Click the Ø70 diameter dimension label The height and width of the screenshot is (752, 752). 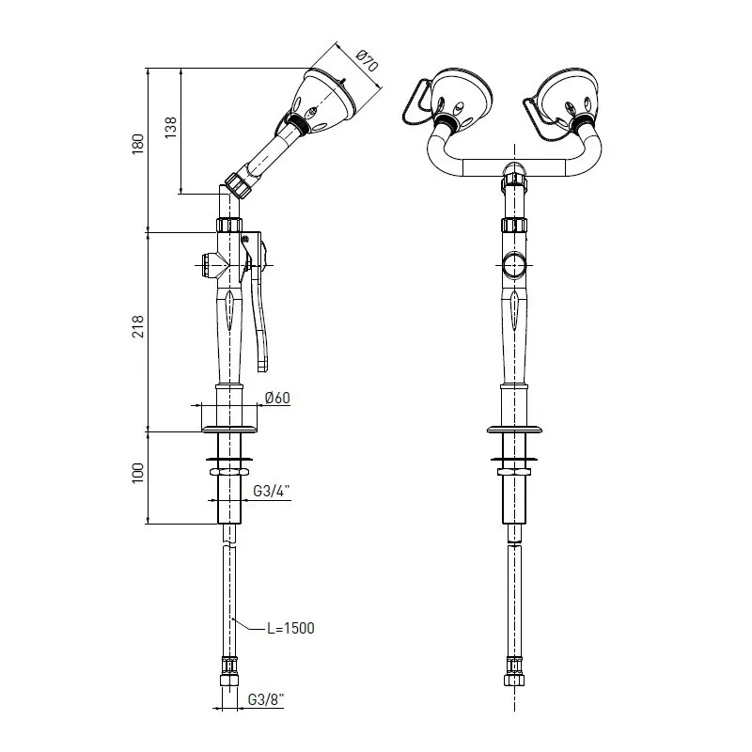coord(368,60)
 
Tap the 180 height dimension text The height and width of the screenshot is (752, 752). coord(138,144)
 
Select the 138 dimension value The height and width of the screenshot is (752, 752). coord(171,128)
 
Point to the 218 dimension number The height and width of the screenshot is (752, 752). coord(138,326)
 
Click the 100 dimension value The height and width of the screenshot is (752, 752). coord(138,473)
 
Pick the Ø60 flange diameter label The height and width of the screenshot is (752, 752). coord(277,398)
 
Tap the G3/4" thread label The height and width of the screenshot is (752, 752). coord(272,491)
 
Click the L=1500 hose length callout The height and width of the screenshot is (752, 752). coord(290,628)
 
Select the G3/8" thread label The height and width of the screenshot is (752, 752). coord(266,699)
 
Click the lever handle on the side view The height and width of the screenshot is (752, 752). coord(257,302)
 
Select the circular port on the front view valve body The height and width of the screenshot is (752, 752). coord(514,265)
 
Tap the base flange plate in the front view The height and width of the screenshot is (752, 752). coord(514,430)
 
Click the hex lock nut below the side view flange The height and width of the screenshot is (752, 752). coord(229,473)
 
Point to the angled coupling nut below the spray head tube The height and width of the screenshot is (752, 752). coord(239,184)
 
